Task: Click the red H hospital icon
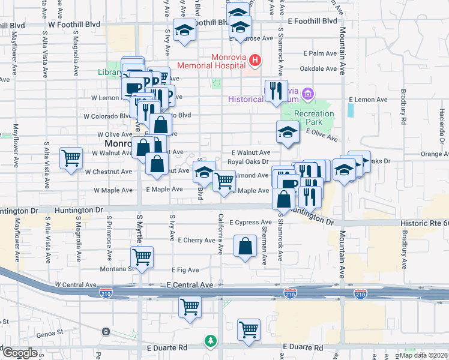click(x=256, y=60)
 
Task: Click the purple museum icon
click(x=308, y=94)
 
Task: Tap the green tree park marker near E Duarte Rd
click(x=210, y=341)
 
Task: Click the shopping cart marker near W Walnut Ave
click(x=71, y=158)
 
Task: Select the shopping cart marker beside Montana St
click(x=142, y=257)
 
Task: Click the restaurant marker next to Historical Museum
click(x=276, y=91)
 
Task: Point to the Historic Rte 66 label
click(x=424, y=223)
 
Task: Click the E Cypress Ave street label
click(x=250, y=223)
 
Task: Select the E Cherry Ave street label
click(x=196, y=240)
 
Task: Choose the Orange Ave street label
click(x=434, y=154)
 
